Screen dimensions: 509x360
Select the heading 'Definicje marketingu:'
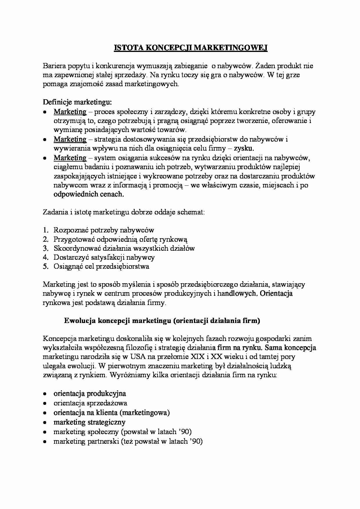77,102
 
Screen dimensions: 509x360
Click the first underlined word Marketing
70,112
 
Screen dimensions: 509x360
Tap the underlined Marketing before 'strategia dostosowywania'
70,139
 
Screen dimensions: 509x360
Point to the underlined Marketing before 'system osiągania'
70,158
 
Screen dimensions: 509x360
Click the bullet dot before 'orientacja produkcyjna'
44,394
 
